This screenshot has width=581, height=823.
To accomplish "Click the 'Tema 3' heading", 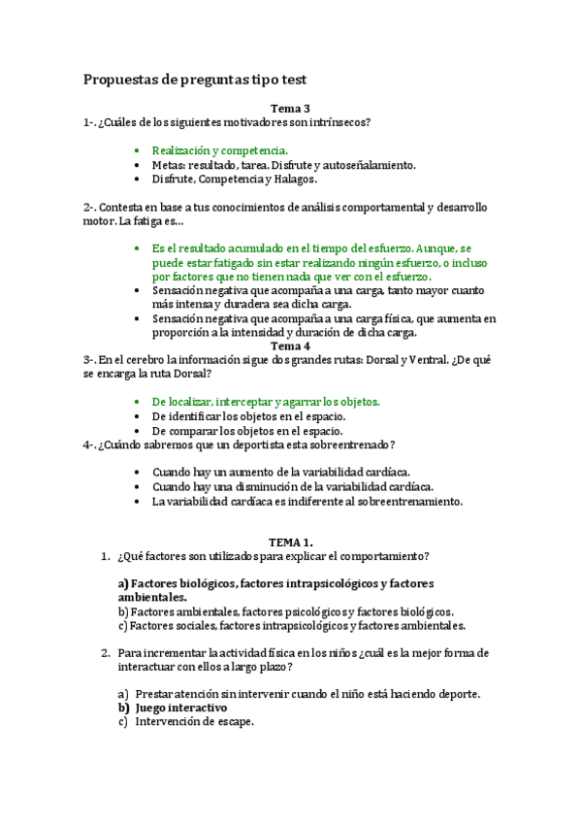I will (x=290, y=110).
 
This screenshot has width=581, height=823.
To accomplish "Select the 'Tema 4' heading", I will (x=290, y=346).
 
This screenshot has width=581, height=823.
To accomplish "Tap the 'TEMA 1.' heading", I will (x=290, y=542).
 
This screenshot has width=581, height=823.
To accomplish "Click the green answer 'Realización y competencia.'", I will (x=220, y=150).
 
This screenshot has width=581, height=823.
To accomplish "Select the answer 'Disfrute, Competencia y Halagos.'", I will (x=235, y=179).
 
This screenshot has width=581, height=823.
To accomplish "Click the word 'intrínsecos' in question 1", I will (x=340, y=123).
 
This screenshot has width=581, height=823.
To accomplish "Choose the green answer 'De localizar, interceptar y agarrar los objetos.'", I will (x=266, y=401).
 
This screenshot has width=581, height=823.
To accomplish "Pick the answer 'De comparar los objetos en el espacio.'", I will (x=246, y=430).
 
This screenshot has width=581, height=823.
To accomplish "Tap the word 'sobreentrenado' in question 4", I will (x=344, y=444).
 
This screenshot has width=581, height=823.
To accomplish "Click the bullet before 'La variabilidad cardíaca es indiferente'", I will (x=139, y=502).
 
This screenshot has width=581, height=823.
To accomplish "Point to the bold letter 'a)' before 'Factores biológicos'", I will (x=123, y=583).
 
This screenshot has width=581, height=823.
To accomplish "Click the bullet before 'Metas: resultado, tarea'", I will (x=139, y=165).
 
